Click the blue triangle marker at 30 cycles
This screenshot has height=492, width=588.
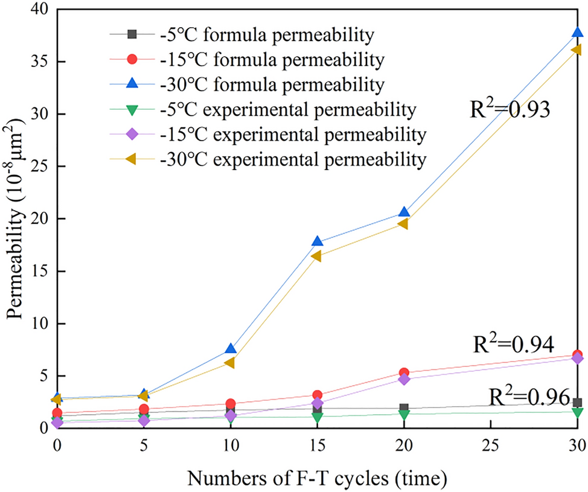tap(577, 33)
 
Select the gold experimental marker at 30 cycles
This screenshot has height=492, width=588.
tap(577, 50)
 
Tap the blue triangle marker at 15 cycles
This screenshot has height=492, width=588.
tap(317, 241)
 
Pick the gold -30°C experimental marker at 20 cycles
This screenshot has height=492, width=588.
tap(403, 224)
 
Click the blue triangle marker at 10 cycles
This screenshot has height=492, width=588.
tap(230, 349)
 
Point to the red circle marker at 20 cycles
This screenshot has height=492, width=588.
tap(404, 373)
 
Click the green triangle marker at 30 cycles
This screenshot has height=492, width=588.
tap(577, 412)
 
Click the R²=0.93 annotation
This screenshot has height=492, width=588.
tap(510, 110)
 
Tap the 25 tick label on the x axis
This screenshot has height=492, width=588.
tap(490, 444)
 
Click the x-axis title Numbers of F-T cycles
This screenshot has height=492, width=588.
tap(317, 477)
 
